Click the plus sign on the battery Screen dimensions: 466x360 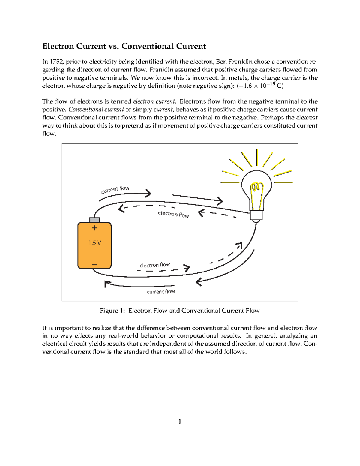tap(94, 228)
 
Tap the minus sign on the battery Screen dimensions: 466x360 tap(94, 265)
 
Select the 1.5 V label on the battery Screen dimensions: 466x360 tap(94, 243)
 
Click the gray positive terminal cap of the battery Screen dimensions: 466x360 tap(94, 220)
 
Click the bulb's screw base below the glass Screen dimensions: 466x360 tap(256, 215)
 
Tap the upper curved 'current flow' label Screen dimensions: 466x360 tap(115, 189)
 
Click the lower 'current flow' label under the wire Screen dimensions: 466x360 tap(161, 292)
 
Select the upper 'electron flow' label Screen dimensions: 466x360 tap(173, 214)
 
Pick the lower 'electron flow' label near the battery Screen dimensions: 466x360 tap(155, 265)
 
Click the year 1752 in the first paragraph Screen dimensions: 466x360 tap(57, 62)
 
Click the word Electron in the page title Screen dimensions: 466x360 tap(58, 46)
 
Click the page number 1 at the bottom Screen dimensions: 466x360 tap(180, 422)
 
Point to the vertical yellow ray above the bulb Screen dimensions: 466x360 tap(257, 158)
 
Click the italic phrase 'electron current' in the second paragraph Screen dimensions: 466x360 tap(154, 101)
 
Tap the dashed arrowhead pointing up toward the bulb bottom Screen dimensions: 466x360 tap(239, 245)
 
